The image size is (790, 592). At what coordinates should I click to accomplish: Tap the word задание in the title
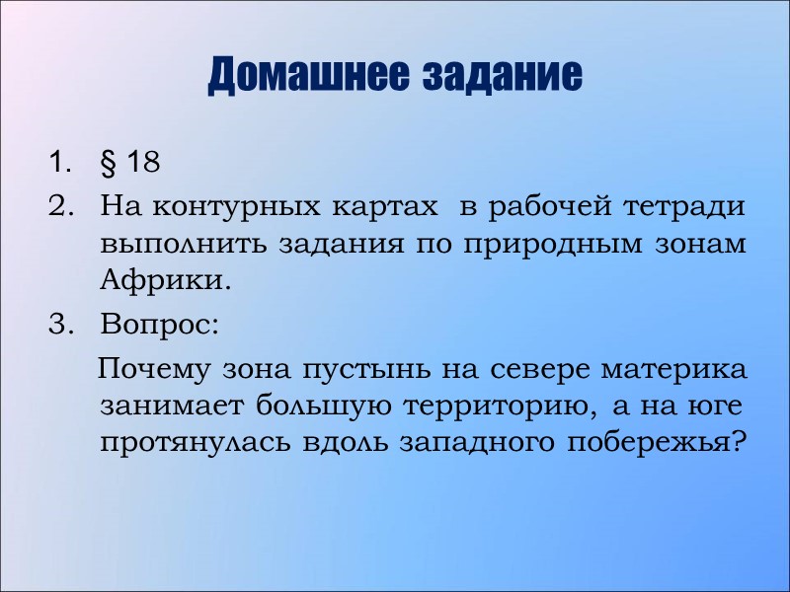pos(503,75)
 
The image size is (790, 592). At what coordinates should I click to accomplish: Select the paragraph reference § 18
pos(129,162)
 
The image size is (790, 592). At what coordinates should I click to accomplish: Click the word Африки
pos(164,280)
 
